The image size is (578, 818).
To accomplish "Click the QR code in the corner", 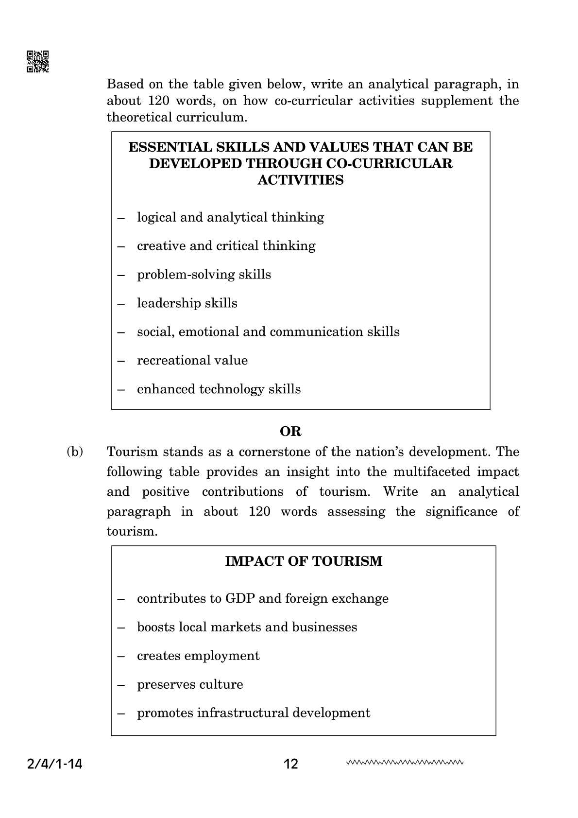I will [37, 62].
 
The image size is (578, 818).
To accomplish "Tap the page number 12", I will [290, 764].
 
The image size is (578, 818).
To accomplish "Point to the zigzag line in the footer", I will [405, 762].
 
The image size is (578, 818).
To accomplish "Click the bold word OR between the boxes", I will [290, 431].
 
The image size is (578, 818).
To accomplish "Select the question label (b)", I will [75, 452].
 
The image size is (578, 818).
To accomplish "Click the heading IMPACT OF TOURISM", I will [304, 561].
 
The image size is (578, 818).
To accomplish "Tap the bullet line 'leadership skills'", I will [187, 303].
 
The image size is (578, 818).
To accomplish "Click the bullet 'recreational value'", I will [192, 360].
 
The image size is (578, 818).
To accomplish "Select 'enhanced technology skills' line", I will [219, 389].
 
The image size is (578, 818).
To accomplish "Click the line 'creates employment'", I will [198, 656].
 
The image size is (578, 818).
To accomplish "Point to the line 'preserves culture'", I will [190, 684].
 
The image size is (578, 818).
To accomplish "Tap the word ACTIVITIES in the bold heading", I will [300, 180].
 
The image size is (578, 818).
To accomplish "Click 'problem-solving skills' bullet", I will [204, 275].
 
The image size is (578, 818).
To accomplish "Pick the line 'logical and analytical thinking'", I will [230, 217].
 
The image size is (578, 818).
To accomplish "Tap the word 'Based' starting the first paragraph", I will [125, 84].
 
